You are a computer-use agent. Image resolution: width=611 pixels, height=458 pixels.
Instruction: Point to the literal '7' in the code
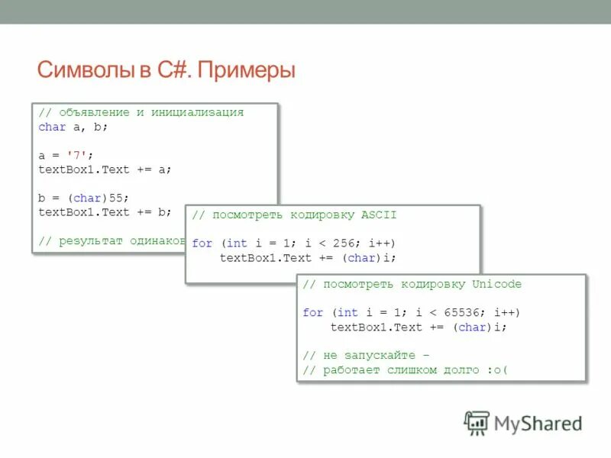pos(76,155)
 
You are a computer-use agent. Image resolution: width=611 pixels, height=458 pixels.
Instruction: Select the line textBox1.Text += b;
pos(105,212)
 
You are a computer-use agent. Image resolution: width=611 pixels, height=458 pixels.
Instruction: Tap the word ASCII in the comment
pos(380,215)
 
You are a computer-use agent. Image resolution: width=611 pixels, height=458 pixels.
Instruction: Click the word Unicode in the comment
pos(496,284)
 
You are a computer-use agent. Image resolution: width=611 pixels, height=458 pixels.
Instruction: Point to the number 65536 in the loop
pos(466,312)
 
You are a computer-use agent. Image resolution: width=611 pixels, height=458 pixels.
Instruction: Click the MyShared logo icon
pos(477,422)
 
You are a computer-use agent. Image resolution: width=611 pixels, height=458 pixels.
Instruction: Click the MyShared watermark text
pos(538,423)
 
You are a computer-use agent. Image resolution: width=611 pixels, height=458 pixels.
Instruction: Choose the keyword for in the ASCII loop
pos(202,243)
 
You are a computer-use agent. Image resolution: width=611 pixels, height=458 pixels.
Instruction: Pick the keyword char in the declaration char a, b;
pos(52,127)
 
